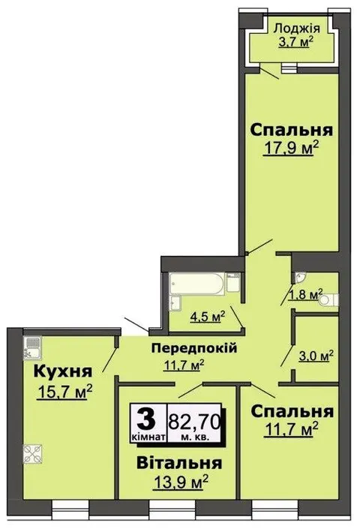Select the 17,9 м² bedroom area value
pos(291,148)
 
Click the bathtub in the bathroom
pos(197,284)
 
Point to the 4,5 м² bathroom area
pos(208,317)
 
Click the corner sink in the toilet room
pos(300,278)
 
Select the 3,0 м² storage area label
pos(316,356)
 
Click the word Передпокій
pos(194,347)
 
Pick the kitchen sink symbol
pos(32,348)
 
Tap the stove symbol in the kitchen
pos(33,454)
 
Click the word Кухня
pos(63,371)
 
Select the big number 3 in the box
pos(147,419)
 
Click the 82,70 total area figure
pos(194,422)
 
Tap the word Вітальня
pos(179,463)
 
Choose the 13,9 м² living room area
pos(181,482)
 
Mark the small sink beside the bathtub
pos(175,302)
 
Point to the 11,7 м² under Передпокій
pos(184,365)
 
